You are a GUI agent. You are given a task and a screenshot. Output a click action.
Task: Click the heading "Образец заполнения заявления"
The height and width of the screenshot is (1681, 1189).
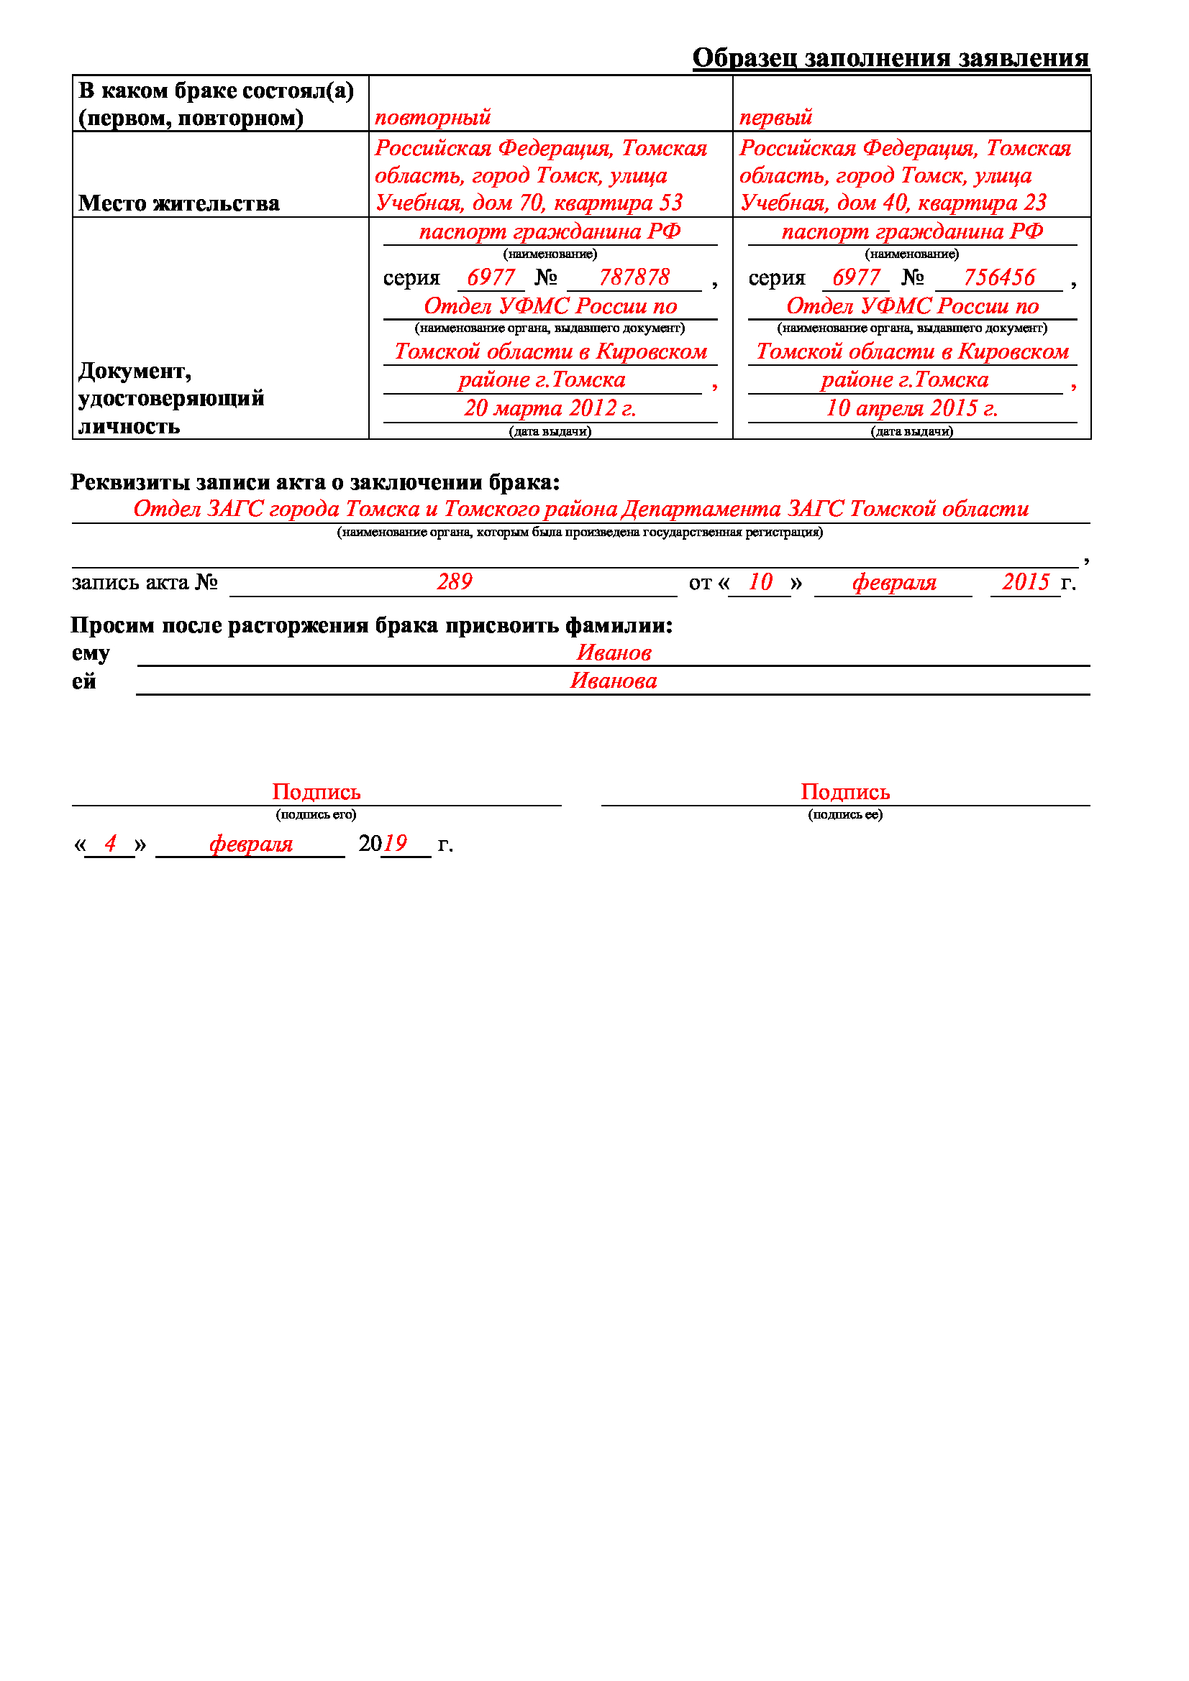click(890, 57)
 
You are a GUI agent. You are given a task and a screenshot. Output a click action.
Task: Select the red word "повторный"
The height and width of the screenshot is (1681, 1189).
click(432, 117)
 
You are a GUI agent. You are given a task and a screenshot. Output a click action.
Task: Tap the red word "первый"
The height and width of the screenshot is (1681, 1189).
click(775, 117)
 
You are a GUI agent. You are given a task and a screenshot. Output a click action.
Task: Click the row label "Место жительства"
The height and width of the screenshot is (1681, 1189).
click(179, 203)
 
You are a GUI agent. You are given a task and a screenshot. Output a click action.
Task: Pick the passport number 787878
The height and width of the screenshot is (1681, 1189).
click(634, 277)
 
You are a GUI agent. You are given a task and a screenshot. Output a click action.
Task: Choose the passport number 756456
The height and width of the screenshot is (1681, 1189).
click(998, 277)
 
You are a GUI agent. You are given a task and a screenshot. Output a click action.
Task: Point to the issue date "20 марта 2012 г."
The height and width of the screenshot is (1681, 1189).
click(550, 407)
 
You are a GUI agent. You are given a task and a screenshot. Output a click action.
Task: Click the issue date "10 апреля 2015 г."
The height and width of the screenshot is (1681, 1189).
click(911, 407)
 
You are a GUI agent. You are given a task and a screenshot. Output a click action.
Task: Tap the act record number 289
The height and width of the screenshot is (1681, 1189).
click(454, 582)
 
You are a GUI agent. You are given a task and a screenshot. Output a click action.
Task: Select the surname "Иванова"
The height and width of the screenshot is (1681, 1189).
click(613, 681)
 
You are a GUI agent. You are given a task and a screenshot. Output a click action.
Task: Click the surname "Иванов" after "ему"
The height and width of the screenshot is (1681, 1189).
click(613, 653)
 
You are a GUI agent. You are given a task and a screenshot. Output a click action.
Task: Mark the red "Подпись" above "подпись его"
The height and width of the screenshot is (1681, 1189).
click(316, 792)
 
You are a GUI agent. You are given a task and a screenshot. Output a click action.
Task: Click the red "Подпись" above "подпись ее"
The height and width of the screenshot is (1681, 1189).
click(844, 792)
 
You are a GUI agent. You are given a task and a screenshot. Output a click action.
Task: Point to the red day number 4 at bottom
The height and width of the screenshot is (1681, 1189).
click(110, 844)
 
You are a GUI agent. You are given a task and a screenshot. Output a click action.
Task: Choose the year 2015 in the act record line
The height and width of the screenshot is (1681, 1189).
click(1026, 582)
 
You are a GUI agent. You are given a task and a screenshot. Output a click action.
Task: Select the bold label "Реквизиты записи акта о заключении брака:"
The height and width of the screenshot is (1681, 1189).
click(315, 482)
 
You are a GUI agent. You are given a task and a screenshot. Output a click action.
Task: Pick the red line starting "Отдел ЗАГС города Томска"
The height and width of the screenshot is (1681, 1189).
click(580, 509)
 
